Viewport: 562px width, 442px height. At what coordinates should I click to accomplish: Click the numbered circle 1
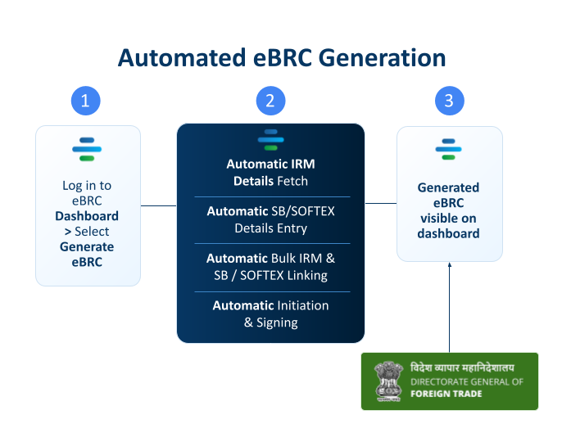(x=86, y=101)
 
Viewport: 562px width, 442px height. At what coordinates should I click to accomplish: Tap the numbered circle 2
(x=270, y=101)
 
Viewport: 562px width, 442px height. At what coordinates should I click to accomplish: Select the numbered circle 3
(x=449, y=101)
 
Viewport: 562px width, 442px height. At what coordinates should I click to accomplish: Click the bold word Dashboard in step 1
(x=87, y=216)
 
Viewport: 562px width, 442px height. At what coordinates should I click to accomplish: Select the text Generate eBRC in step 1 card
(x=87, y=255)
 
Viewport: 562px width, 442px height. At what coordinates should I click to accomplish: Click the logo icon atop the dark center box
(x=270, y=140)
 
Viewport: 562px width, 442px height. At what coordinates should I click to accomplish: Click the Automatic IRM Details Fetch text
(x=270, y=173)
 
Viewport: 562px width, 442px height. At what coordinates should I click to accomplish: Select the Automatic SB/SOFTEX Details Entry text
(x=270, y=219)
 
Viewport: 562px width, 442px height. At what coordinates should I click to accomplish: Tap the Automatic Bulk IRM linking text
(x=270, y=267)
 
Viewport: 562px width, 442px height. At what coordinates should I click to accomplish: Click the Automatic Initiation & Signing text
(x=270, y=313)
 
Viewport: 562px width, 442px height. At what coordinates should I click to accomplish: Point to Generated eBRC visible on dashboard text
(x=448, y=210)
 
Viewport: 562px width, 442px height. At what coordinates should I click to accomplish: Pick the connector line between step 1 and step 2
(x=159, y=205)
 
